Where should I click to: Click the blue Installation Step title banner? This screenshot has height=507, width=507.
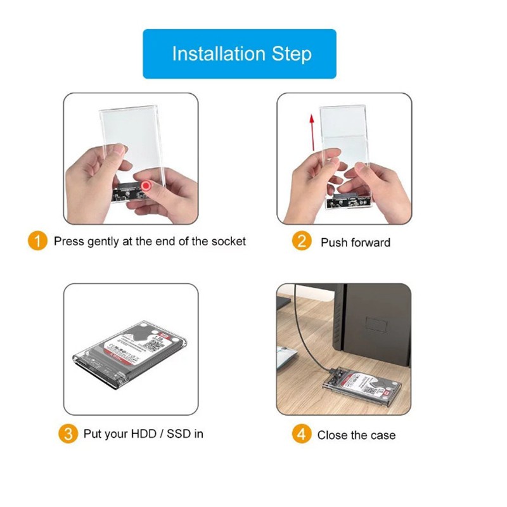[x=239, y=54]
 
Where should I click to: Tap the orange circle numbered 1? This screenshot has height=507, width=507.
[x=38, y=241]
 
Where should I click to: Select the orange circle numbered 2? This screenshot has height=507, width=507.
[x=302, y=241]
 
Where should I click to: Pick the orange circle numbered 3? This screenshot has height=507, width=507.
[x=68, y=434]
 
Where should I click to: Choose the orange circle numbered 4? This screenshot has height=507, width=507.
[x=302, y=434]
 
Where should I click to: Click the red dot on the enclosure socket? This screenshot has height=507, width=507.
[x=147, y=186]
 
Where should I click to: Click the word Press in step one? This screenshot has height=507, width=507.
[x=68, y=241]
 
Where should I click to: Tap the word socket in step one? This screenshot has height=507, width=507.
[x=228, y=241]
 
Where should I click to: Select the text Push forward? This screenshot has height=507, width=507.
[x=355, y=242]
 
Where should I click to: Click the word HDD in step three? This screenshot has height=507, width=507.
[x=143, y=434]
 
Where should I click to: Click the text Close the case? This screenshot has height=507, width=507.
[x=356, y=435]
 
